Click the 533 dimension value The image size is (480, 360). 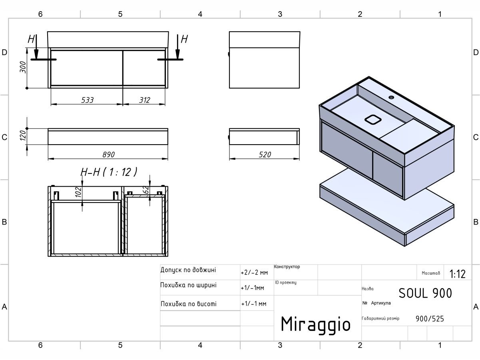point(87,100)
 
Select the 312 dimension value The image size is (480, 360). point(144,100)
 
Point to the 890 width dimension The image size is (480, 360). point(108,154)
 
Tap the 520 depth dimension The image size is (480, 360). point(265,154)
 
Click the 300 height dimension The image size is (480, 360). point(24,67)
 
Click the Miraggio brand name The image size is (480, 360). point(316,324)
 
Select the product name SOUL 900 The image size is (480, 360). point(425,293)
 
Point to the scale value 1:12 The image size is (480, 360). point(457,274)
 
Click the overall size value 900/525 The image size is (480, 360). point(430,318)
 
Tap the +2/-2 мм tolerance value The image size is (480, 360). point(254,273)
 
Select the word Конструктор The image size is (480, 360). point(287,267)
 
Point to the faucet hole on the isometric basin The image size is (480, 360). point(391,97)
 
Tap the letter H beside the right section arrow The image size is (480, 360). point(184,39)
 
